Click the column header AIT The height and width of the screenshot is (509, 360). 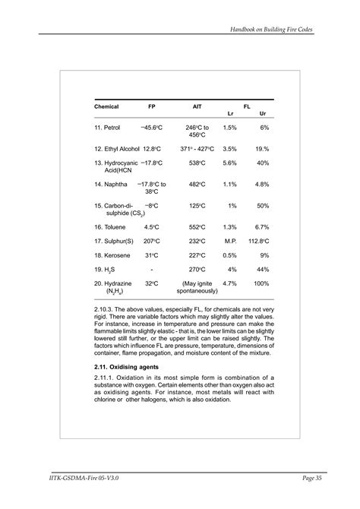point(197,106)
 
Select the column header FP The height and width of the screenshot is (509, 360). point(151,106)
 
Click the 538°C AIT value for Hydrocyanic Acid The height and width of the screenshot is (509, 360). point(197,163)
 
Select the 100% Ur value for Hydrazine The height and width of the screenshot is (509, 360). point(261,283)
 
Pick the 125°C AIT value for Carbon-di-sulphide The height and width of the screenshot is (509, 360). point(197,205)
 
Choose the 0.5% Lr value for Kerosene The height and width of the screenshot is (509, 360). point(230,254)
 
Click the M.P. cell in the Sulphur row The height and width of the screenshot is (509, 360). point(231,241)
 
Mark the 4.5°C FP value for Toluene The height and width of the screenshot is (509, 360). point(150,226)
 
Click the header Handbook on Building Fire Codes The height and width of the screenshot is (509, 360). point(273,28)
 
